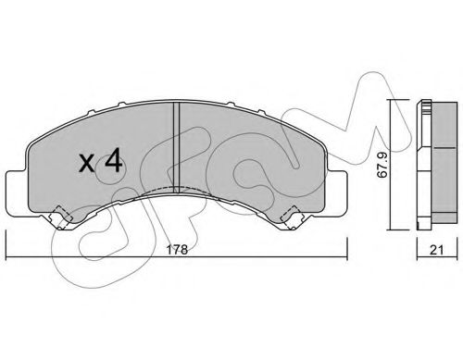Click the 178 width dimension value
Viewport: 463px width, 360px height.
point(177,250)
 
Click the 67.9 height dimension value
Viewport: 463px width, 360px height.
point(382,166)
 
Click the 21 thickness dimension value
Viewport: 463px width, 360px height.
point(437,250)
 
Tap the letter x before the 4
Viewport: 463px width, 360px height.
point(86,164)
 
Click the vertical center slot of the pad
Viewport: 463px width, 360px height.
point(176,147)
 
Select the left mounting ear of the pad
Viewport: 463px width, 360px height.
point(17,192)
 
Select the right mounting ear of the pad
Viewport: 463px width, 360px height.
point(337,192)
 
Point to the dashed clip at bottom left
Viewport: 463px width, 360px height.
point(60,217)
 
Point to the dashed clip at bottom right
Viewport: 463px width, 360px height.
point(292,217)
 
